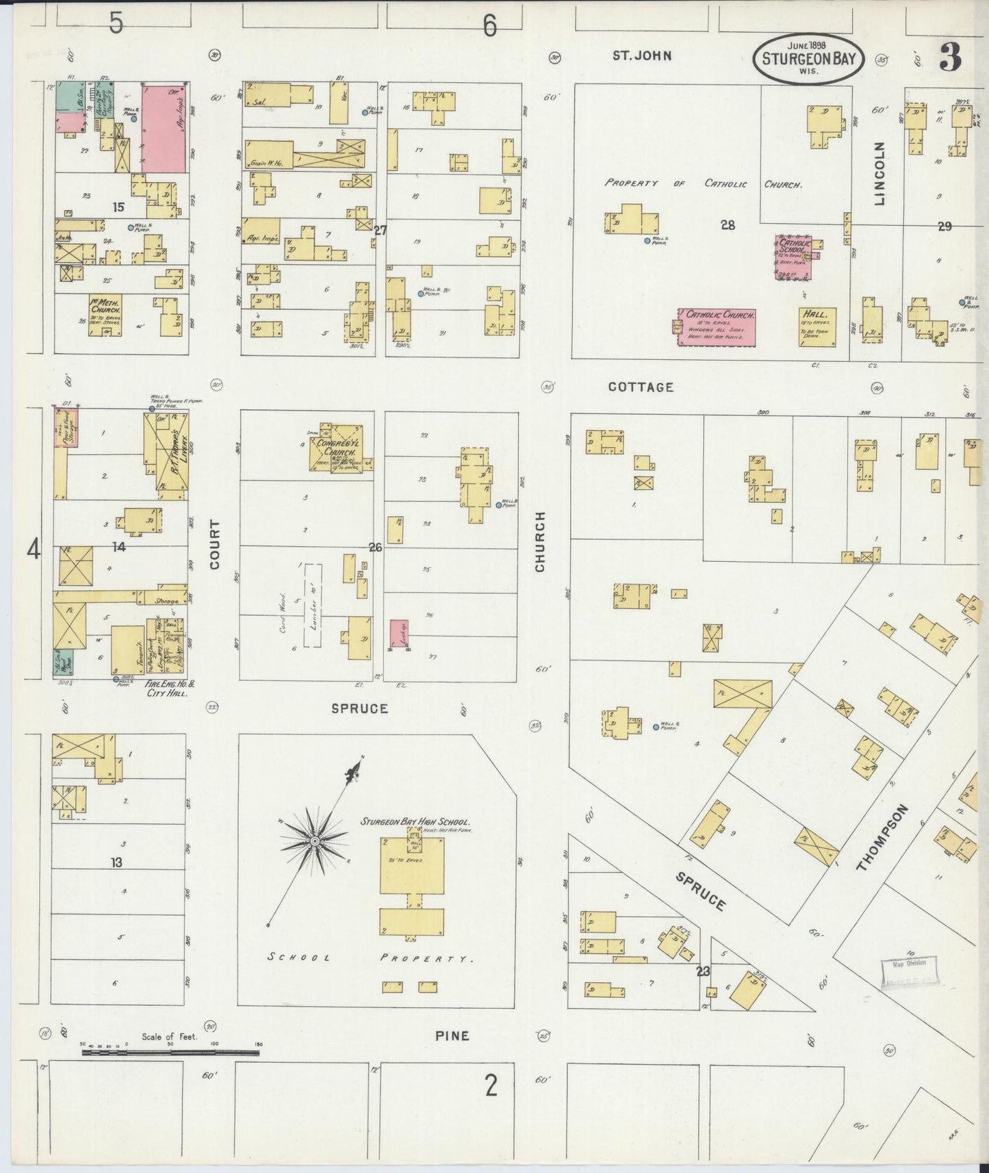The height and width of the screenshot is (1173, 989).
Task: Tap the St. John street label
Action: tap(641, 55)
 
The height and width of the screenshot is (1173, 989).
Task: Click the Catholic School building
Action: tap(794, 257)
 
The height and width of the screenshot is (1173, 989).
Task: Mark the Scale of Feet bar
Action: tap(171, 1051)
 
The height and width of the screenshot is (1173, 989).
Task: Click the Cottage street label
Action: tap(641, 387)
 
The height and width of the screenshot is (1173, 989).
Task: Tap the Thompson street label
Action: tap(882, 838)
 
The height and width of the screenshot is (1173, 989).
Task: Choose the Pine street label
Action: tap(452, 1035)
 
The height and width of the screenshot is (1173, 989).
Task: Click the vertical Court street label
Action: tap(215, 544)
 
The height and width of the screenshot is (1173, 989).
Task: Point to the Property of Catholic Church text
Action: tap(704, 183)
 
